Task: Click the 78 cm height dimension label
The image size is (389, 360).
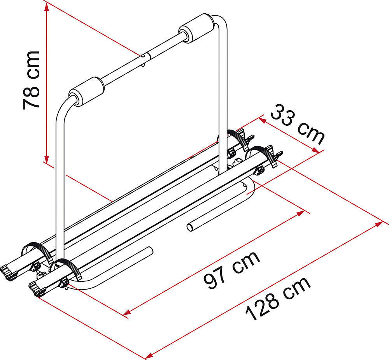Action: tap(32, 80)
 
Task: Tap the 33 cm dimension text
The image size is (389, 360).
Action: tap(298, 125)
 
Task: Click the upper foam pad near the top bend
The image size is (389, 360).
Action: tap(196, 28)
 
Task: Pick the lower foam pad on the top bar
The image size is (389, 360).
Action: tap(87, 91)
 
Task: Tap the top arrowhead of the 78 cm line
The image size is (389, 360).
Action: tap(46, 8)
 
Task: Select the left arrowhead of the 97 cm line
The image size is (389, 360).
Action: tap(127, 313)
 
